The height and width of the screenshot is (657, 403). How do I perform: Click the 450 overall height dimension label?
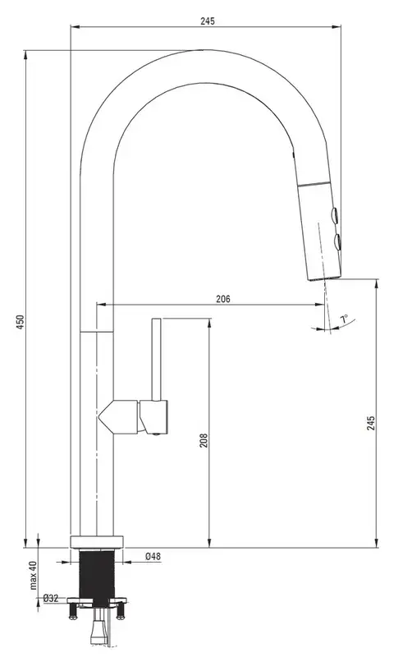point(21,322)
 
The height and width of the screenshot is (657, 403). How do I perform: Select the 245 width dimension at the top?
point(207,21)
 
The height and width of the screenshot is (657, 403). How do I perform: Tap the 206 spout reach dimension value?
point(223,299)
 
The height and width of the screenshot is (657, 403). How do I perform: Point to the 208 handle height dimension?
point(204,440)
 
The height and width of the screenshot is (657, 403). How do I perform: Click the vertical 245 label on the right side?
point(371,424)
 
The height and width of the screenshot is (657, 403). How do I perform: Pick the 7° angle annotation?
point(344,319)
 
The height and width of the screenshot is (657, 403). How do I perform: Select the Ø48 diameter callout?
point(153,557)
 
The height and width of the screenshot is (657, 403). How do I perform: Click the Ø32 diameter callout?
point(51,599)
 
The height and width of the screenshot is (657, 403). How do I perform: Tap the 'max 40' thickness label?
point(34,576)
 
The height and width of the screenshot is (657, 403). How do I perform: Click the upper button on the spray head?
point(335,215)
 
